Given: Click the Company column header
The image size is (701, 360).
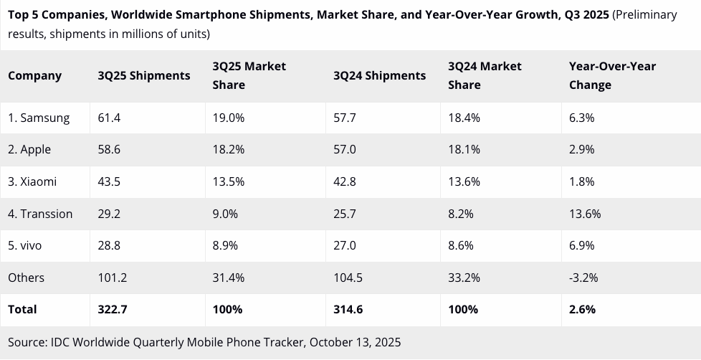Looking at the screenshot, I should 35,75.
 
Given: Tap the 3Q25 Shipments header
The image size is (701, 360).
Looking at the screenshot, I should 144,75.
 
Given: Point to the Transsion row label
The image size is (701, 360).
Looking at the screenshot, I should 40,214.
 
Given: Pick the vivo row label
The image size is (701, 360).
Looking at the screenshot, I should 25,245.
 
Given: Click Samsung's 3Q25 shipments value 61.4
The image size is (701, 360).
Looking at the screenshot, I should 109,118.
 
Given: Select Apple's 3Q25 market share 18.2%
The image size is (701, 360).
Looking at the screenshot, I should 229,149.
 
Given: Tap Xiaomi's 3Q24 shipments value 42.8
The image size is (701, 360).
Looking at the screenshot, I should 345,181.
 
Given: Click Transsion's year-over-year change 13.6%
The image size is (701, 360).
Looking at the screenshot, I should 585,214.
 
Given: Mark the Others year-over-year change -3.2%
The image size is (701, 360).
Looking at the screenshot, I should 583,278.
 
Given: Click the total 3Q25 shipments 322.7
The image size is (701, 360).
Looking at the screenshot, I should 112,309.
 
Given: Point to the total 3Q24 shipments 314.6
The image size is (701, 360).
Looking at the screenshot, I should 348,309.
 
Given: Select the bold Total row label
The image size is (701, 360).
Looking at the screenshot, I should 22,309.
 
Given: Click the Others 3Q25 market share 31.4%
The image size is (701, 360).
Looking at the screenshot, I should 229,278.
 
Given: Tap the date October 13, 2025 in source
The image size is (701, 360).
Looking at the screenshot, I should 355,341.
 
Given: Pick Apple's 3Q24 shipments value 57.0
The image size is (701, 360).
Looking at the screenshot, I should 345,149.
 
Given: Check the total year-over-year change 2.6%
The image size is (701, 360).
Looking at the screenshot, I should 582,309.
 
